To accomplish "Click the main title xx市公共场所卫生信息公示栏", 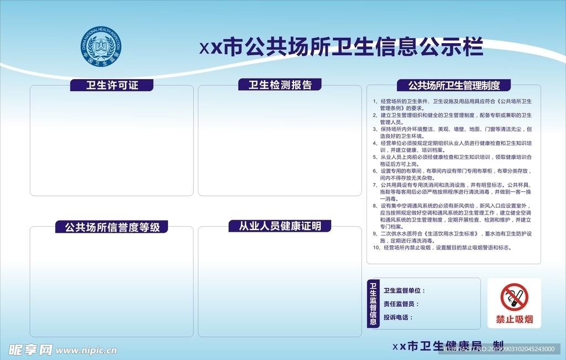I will tap(341, 48).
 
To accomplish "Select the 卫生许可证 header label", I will tap(112, 85).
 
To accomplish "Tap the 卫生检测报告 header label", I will tap(280, 85).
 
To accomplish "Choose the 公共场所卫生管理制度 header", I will tap(454, 86).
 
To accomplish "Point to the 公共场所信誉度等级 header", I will tap(112, 227).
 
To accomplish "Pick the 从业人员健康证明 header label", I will tap(280, 226).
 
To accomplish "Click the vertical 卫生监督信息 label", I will tap(373, 304).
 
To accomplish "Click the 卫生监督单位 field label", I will tap(404, 290).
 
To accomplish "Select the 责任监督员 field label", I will tap(401, 304).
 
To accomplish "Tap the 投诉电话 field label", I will tap(399, 317).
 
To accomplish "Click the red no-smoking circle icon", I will tap(515, 297).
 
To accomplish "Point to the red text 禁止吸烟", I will tap(515, 319).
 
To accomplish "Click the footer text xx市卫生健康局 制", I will tap(448, 346).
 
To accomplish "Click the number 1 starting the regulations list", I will tap(375, 102).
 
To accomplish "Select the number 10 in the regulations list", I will tap(376, 248).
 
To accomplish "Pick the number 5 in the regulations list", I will tap(375, 157).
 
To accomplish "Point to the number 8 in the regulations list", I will tap(375, 206).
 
